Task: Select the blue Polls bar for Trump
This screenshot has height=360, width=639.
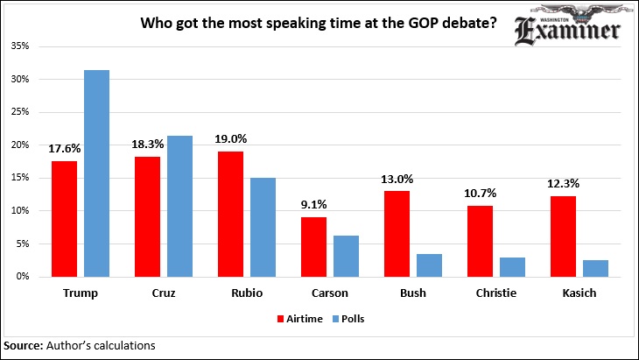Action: click(96, 173)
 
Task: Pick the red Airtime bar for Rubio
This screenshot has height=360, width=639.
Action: click(231, 214)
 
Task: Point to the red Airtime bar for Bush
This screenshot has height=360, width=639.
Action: click(397, 233)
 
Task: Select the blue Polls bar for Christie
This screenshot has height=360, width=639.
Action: click(512, 266)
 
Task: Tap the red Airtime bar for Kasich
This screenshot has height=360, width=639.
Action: click(564, 236)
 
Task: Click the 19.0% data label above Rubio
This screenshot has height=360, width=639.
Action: click(231, 138)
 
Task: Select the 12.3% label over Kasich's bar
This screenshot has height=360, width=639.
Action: click(564, 183)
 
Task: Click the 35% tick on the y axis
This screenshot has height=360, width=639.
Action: click(19, 46)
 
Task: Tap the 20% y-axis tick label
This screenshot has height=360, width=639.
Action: click(19, 145)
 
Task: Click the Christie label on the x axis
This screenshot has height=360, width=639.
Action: click(496, 293)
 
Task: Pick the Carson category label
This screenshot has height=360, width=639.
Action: click(330, 293)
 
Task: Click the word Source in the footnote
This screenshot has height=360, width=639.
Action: click(23, 346)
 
